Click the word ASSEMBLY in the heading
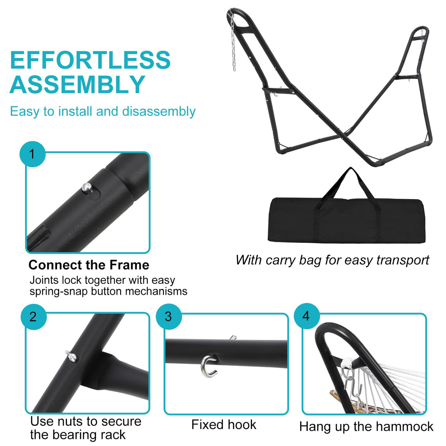tap(78, 84)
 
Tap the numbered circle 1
tap(32, 154)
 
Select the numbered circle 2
tap(33, 316)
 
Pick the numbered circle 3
tap(169, 316)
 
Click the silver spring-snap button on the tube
tap(87, 188)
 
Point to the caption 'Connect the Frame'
tap(89, 265)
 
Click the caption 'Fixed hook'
tap(223, 425)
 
